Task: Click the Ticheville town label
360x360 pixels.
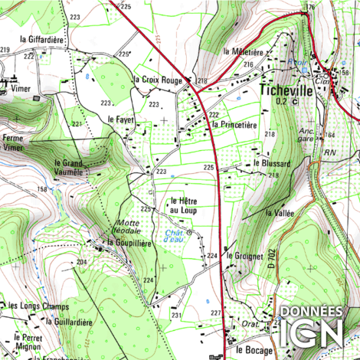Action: click(x=286, y=90)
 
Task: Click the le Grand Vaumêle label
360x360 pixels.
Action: click(x=69, y=167)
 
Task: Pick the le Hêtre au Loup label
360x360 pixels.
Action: click(x=184, y=205)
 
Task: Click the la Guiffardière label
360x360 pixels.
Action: click(x=70, y=322)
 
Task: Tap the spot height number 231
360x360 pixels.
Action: click(x=176, y=315)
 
